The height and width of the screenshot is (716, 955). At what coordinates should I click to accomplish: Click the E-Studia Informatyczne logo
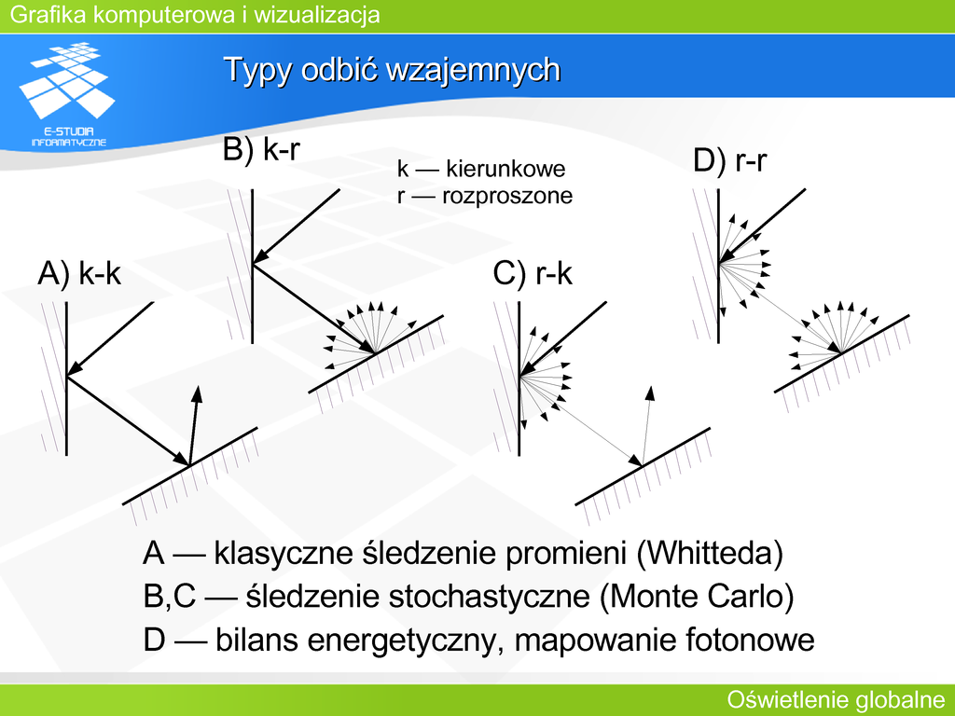click(67, 94)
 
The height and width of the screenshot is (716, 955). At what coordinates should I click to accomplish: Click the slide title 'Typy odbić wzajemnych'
click(392, 69)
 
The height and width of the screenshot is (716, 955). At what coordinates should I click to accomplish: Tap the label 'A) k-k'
click(79, 273)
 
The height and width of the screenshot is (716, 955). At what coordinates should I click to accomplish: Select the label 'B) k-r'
click(261, 149)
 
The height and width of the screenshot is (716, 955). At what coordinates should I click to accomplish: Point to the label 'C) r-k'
click(533, 273)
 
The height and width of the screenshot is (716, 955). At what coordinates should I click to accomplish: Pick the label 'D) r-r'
click(729, 160)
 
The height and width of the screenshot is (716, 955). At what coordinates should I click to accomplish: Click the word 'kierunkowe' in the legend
click(505, 169)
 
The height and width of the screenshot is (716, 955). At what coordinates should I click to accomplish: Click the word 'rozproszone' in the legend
click(507, 196)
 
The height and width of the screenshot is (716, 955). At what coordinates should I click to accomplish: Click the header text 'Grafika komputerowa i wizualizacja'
click(195, 14)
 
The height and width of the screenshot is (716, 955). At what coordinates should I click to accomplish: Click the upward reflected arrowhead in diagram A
click(197, 393)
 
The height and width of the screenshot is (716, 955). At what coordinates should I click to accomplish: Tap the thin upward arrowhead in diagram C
click(650, 392)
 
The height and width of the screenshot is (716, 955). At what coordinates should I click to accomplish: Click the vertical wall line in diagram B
click(253, 266)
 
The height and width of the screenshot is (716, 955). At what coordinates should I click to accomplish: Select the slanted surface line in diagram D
click(842, 353)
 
